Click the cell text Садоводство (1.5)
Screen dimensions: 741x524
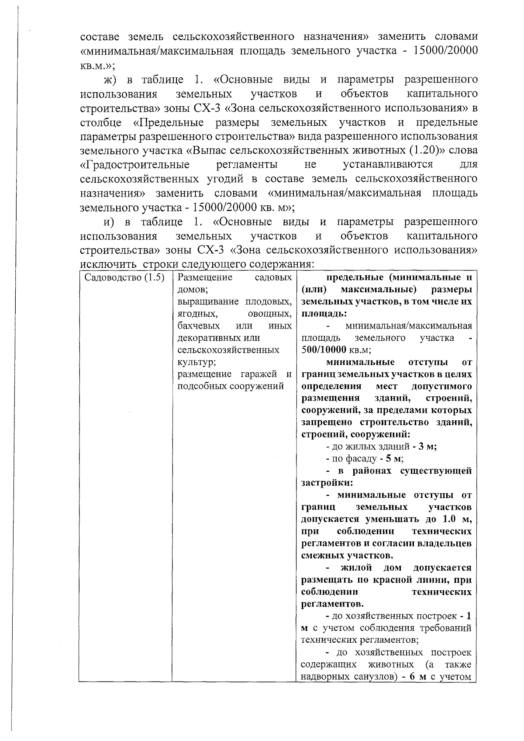point(124,278)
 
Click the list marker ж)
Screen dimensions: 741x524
point(110,80)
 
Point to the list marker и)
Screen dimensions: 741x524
point(109,222)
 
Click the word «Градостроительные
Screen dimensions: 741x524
point(135,165)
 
